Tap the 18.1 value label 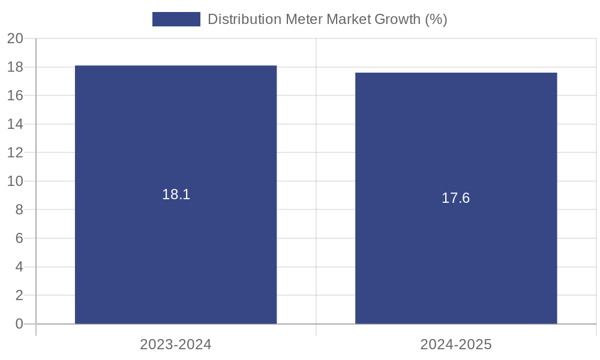[x=176, y=194]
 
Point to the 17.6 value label [x=456, y=198]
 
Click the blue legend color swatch [x=176, y=19]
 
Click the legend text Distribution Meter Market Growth [x=327, y=19]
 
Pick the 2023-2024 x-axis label [x=176, y=344]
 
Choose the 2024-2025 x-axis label [x=456, y=344]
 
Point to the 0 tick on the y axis [x=19, y=324]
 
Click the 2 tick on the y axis [x=19, y=295]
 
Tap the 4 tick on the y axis [x=19, y=266]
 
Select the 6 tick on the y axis [x=19, y=238]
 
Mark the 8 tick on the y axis [x=19, y=209]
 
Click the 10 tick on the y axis [x=15, y=181]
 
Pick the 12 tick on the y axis [x=15, y=152]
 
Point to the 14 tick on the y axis [x=15, y=124]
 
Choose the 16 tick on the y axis [x=15, y=95]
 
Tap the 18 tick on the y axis [x=15, y=67]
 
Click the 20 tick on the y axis [x=15, y=38]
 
